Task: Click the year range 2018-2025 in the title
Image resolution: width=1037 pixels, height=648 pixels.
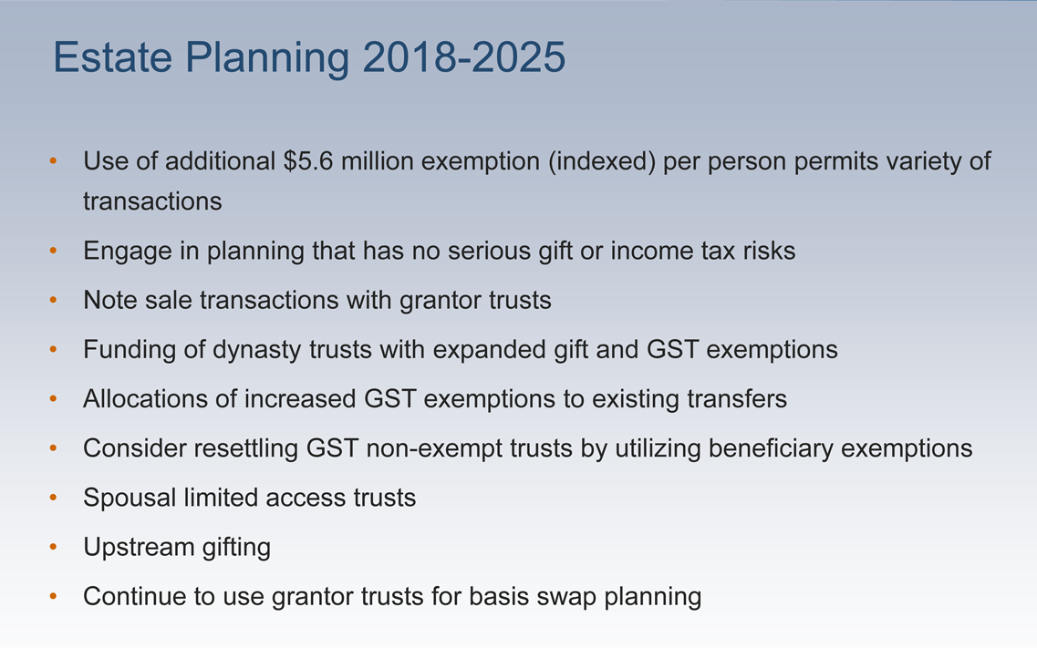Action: coord(464,57)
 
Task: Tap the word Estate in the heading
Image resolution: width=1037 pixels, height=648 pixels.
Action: coord(112,57)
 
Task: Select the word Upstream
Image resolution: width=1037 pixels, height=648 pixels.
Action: coord(139,548)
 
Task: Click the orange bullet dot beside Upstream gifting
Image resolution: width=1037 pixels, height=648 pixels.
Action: coord(54,547)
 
